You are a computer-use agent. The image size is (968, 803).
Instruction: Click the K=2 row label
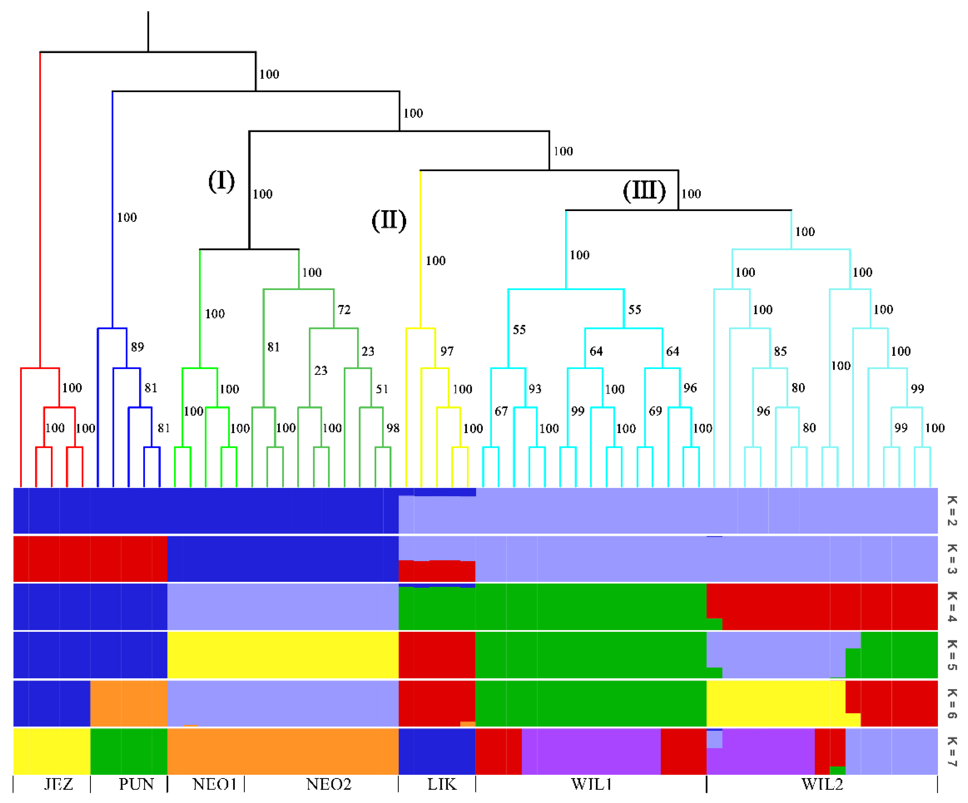[952, 511]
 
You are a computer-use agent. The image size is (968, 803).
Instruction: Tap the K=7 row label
[952, 751]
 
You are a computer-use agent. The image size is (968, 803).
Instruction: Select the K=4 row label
[952, 607]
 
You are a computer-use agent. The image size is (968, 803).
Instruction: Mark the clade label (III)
[644, 190]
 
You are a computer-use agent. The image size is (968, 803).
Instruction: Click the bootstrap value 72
[344, 309]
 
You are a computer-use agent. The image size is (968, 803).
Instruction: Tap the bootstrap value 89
[137, 347]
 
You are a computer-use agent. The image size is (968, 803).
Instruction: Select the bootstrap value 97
[447, 351]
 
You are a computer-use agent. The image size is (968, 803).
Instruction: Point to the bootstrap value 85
[780, 351]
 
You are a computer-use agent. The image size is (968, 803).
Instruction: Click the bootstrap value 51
[382, 389]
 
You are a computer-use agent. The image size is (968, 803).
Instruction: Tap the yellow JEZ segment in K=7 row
[52, 751]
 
